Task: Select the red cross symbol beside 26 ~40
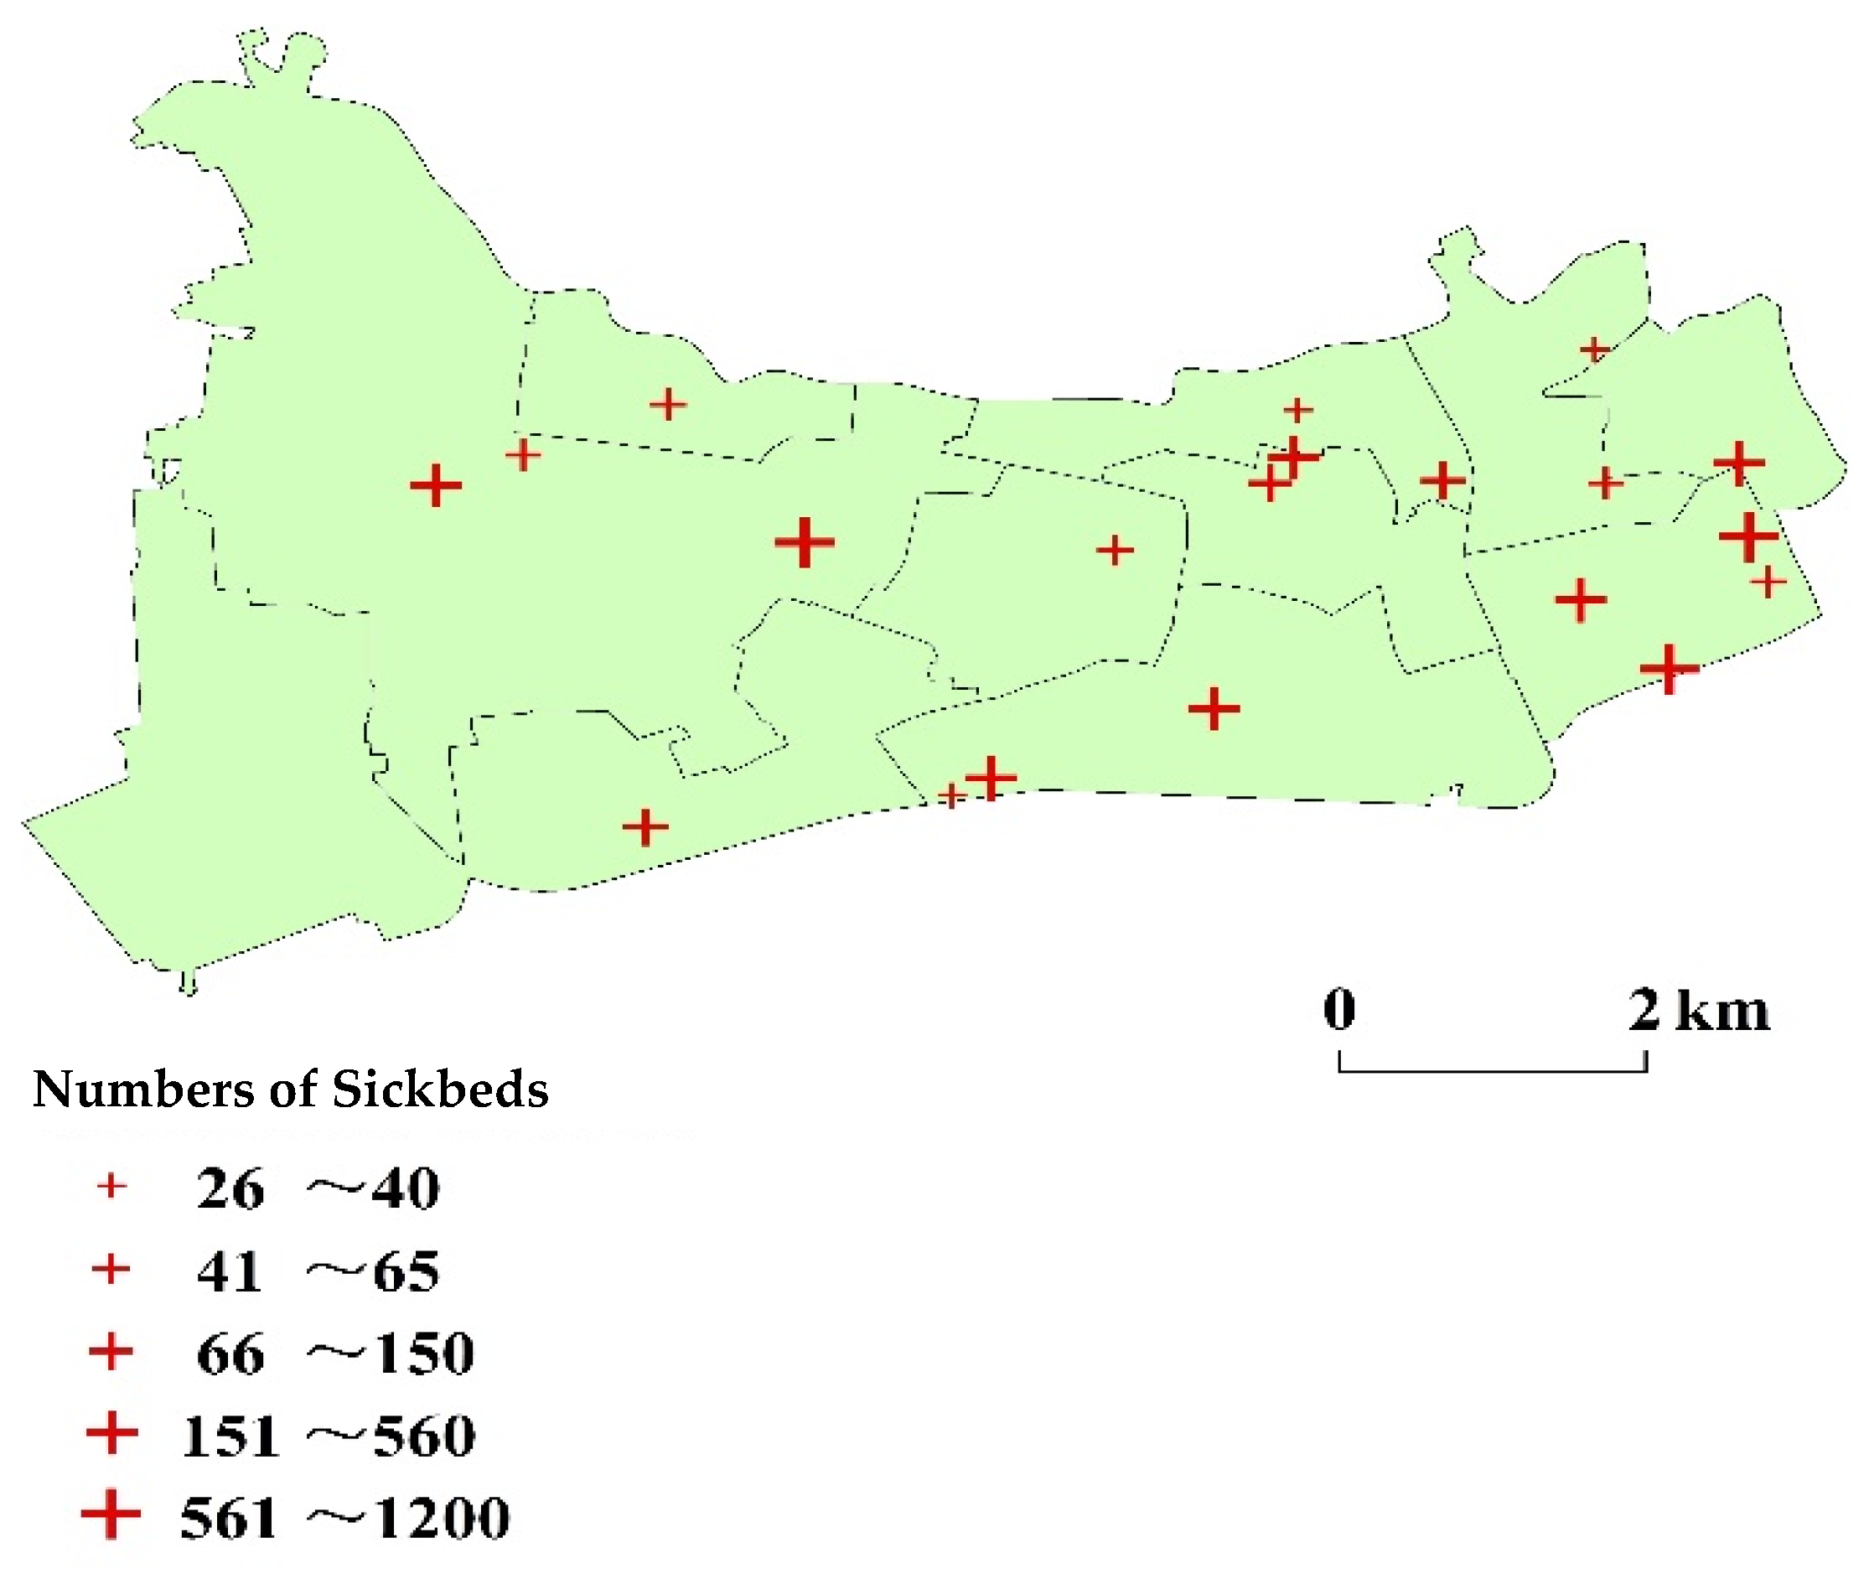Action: (112, 1187)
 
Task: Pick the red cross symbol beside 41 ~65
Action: (111, 1269)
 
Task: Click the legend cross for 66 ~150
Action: (111, 1352)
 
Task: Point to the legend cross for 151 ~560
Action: (111, 1434)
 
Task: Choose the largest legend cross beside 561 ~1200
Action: (111, 1515)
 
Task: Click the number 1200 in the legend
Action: (442, 1518)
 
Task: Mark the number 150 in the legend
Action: (423, 1354)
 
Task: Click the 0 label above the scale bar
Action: (1340, 1009)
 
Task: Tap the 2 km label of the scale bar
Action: (1699, 1011)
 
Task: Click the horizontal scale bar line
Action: (1492, 1069)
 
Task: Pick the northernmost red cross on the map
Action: (1594, 348)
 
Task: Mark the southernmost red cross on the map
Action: (645, 827)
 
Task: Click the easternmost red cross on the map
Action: (1768, 582)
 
